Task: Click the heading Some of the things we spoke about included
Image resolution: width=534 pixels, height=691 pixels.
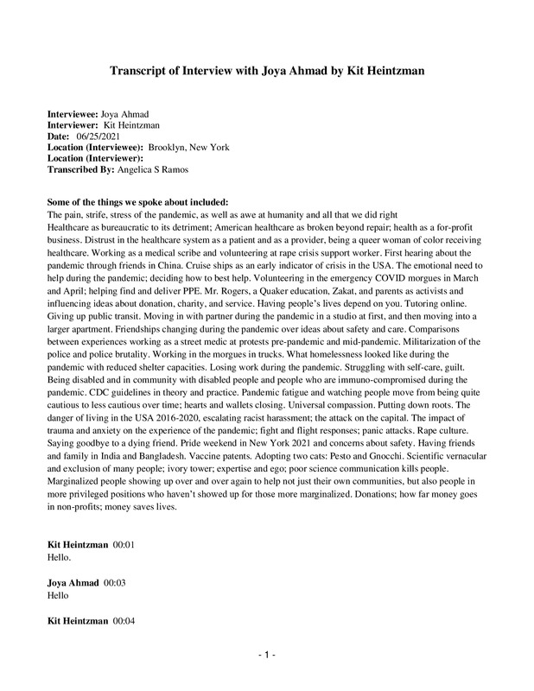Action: coord(137,201)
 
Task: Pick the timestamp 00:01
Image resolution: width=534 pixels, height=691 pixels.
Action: coord(124,546)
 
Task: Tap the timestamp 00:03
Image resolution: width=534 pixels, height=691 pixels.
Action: coord(115,583)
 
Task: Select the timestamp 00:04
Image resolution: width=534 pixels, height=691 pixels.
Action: coord(124,620)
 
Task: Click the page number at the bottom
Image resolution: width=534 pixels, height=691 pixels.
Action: coord(267,655)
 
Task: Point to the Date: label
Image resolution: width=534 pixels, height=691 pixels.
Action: coord(58,136)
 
